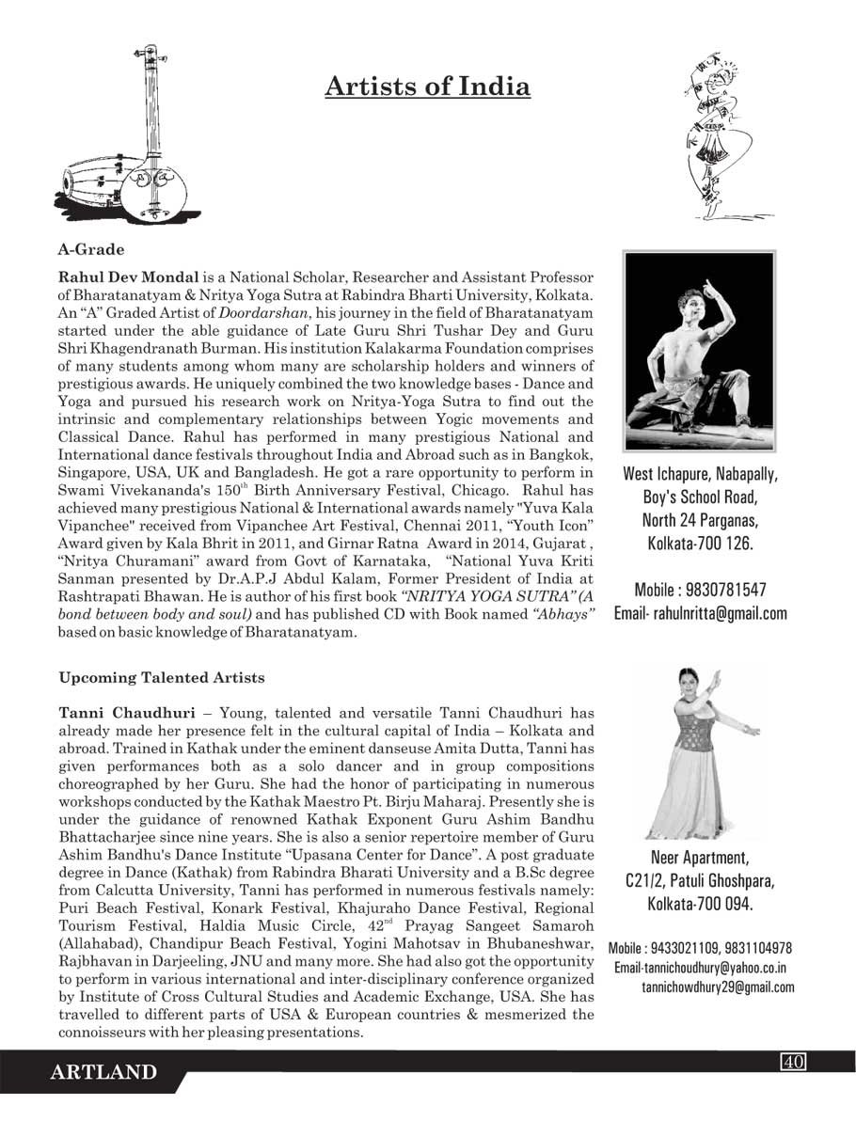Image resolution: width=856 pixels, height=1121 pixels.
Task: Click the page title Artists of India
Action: pos(427,87)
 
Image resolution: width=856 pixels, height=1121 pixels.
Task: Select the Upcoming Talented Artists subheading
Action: pos(162,677)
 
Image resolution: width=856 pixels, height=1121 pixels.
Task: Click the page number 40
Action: pos(793,1062)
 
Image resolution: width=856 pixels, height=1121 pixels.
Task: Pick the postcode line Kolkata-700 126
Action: pos(700,544)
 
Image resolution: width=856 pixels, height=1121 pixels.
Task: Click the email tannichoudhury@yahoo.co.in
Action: pos(701,968)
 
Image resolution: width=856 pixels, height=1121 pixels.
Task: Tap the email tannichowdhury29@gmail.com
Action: pos(718,987)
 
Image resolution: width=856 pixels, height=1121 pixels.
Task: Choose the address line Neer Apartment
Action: pos(700,858)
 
